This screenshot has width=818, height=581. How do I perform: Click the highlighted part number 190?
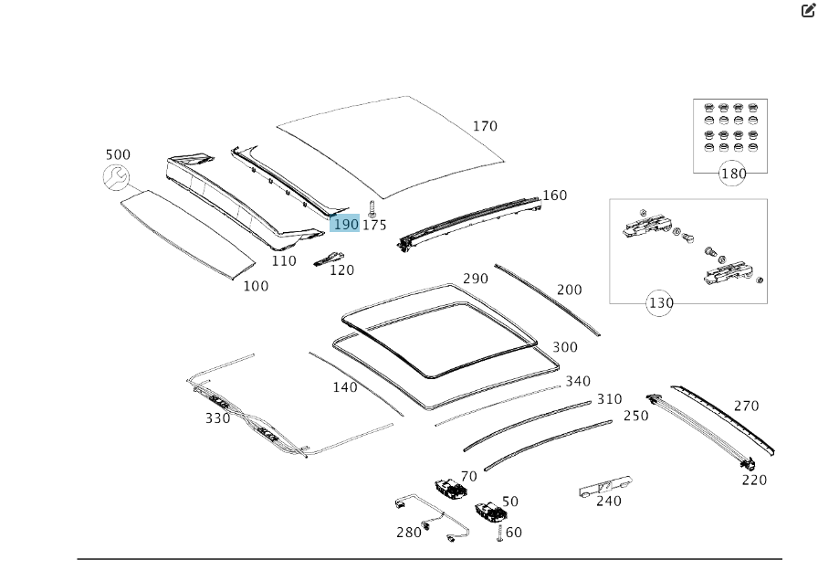pyautogui.click(x=345, y=225)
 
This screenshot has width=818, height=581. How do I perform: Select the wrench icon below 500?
pyautogui.click(x=116, y=178)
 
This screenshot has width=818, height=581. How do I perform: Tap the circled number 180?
pyautogui.click(x=733, y=174)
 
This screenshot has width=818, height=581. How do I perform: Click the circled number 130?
pyautogui.click(x=660, y=303)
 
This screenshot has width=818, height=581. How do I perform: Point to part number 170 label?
pyautogui.click(x=485, y=126)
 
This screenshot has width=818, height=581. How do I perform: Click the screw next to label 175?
pyautogui.click(x=372, y=207)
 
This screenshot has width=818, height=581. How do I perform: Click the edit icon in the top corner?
pyautogui.click(x=808, y=10)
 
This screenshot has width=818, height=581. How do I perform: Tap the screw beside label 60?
pyautogui.click(x=500, y=533)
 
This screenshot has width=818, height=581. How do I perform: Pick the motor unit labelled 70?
pyautogui.click(x=450, y=489)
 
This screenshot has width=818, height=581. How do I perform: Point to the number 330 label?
pyautogui.click(x=217, y=418)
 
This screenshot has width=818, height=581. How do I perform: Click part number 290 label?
pyautogui.click(x=476, y=279)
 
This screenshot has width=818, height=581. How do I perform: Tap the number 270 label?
pyautogui.click(x=746, y=407)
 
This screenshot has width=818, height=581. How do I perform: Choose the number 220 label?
pyautogui.click(x=754, y=481)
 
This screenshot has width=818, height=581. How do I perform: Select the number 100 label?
pyautogui.click(x=256, y=286)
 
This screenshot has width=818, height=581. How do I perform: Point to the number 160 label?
pyautogui.click(x=554, y=195)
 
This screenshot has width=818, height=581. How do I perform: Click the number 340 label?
pyautogui.click(x=578, y=381)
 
